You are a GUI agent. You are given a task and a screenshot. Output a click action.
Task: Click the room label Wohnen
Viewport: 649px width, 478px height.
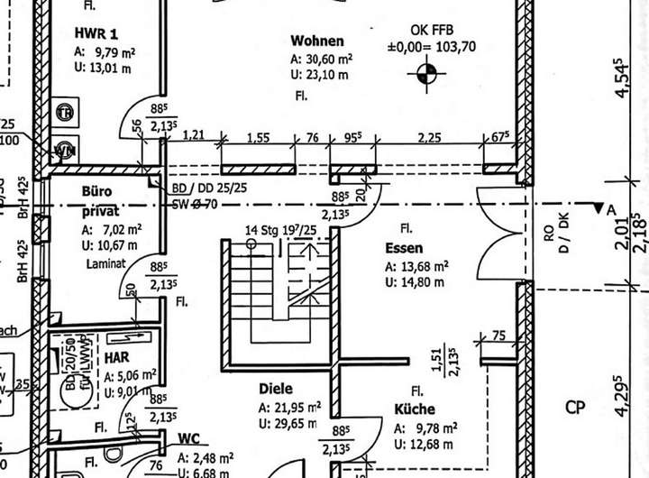coord(317,41)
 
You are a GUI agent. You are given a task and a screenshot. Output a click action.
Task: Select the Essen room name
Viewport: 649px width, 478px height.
coord(403,248)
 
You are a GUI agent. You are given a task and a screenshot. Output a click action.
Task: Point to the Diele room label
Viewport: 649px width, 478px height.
coord(276,389)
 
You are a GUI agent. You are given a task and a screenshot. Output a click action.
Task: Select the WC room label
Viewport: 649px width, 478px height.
coord(188,439)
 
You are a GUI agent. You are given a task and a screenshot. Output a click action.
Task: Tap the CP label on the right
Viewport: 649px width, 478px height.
coord(575,407)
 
